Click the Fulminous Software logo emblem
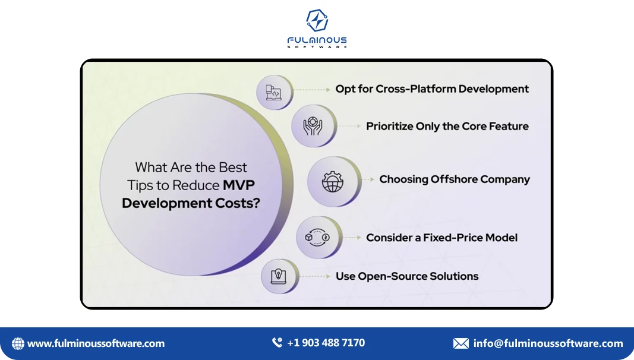pos(317,21)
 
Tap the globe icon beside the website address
pos(18,343)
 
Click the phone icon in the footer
pos(277,343)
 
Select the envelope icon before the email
pos(460,343)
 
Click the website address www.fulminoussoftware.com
pos(96,343)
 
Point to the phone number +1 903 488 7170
pos(326,343)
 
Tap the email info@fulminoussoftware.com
pos(548,343)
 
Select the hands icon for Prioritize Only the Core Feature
pos(313,127)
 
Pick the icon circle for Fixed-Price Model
pos(317,238)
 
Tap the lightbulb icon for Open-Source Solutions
pos(277,276)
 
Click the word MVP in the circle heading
pos(239,185)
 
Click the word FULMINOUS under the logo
pos(317,40)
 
